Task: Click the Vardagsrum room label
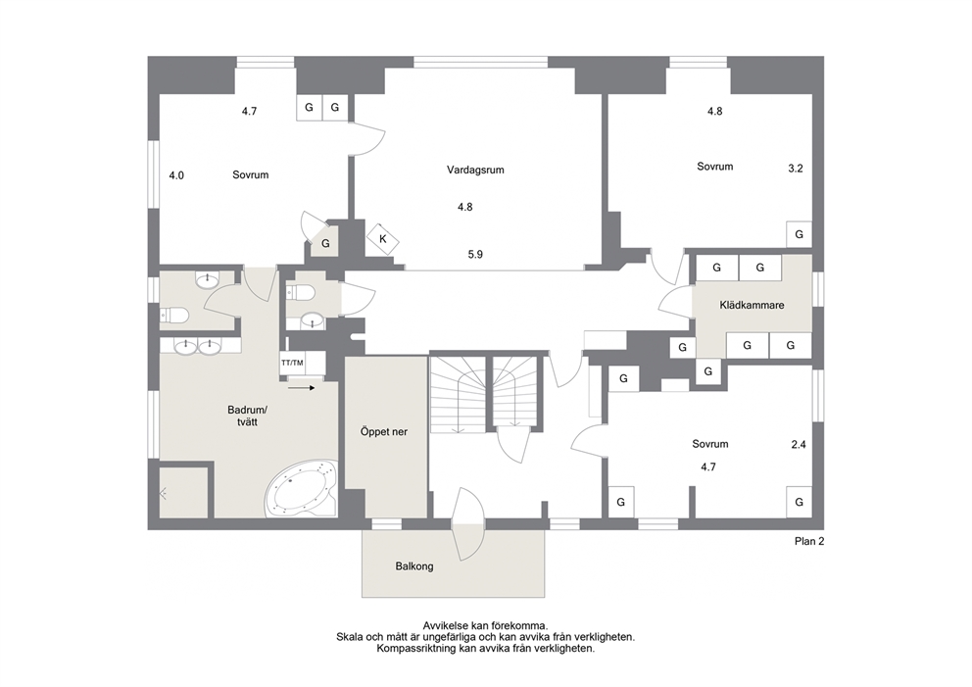point(475,170)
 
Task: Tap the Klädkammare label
point(752,305)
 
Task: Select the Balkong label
point(414,566)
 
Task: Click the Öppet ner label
point(384,431)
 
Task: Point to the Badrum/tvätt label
point(247,417)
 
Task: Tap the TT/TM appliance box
point(293,363)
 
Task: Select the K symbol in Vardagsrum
point(382,239)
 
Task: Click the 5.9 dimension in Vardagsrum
point(475,254)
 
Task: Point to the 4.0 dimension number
point(176,175)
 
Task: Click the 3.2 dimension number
point(796,168)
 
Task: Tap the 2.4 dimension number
point(799,445)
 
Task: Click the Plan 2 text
point(809,541)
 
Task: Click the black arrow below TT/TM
point(302,388)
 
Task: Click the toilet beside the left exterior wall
point(174,317)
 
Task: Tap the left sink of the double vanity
point(186,346)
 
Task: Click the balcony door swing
point(468,524)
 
